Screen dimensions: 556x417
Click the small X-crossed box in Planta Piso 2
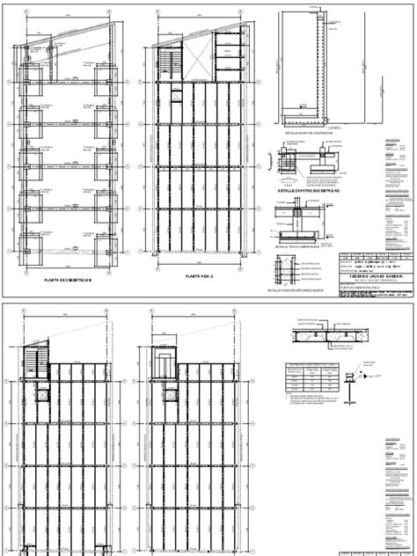(174, 94)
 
